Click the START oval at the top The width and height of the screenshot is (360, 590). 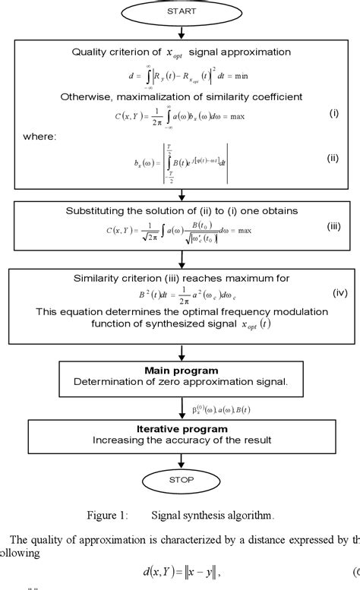coord(181,13)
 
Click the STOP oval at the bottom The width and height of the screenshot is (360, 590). coord(181,479)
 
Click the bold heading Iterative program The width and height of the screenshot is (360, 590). coord(180,428)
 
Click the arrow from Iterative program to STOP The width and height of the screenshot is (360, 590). coord(181,459)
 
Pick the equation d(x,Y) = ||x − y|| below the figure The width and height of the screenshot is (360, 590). coord(196,570)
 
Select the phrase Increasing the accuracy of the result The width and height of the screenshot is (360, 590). coord(180,440)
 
